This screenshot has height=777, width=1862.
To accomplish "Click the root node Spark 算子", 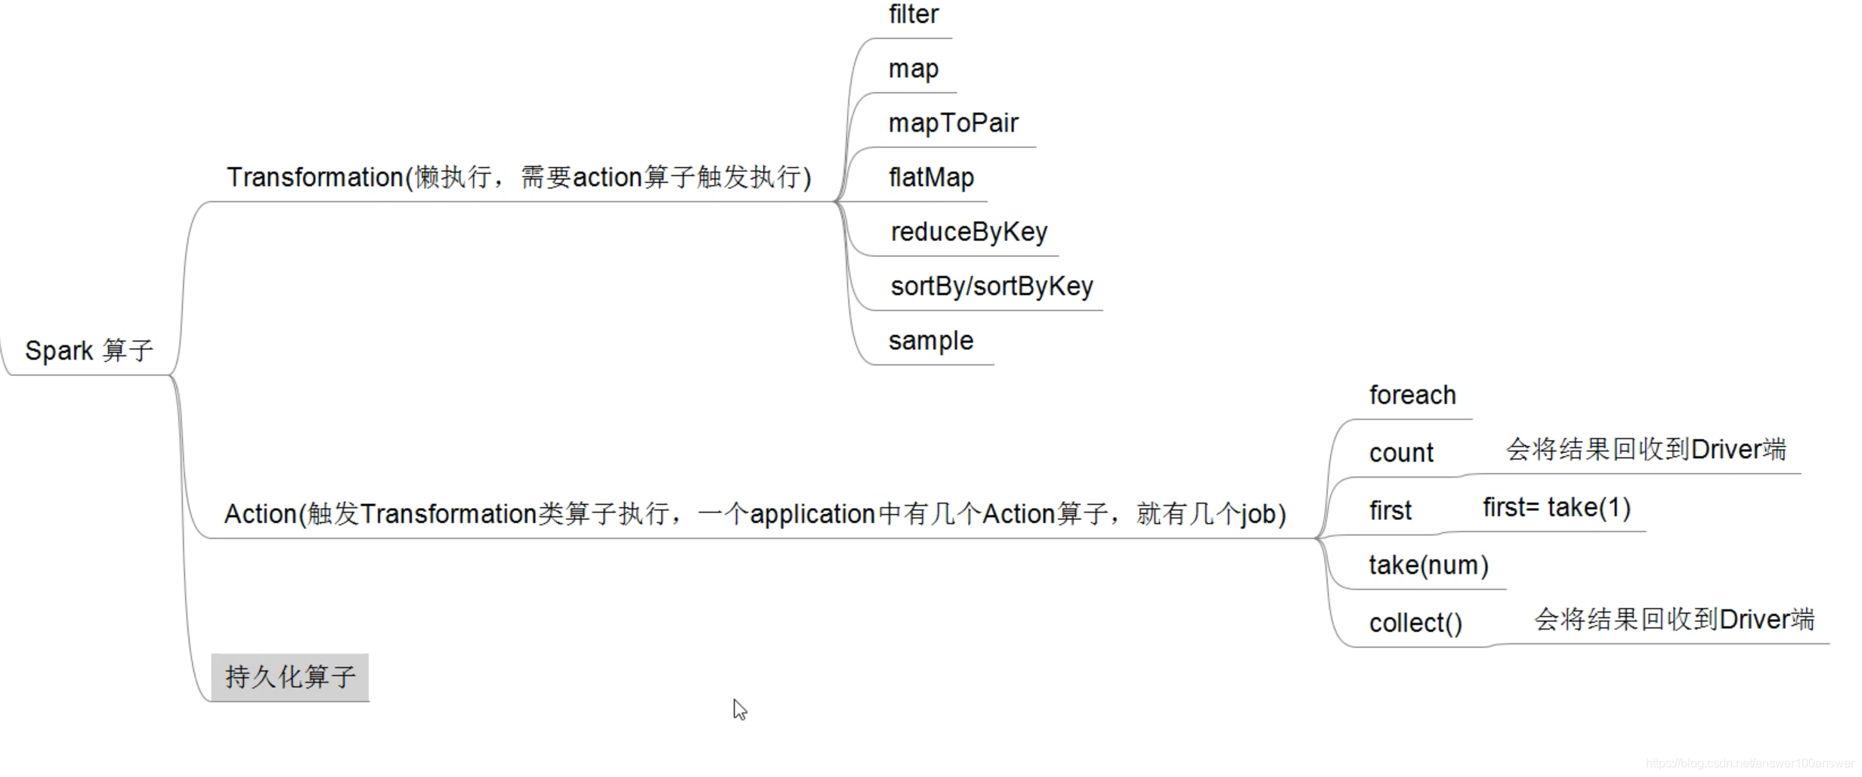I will [x=89, y=351].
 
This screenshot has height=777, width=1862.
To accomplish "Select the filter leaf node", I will [x=913, y=14].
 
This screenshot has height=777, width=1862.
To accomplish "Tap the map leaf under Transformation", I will [x=913, y=69].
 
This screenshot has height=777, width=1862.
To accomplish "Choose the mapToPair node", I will [x=953, y=123].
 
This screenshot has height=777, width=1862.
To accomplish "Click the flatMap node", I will [x=931, y=178].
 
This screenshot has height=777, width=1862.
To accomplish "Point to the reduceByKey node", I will [x=969, y=232].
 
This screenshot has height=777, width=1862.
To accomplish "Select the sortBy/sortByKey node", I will [x=991, y=286].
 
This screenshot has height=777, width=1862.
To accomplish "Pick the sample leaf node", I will [x=930, y=341].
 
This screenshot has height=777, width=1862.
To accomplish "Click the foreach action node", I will [x=1412, y=395].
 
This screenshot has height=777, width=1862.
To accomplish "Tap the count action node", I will [x=1401, y=453].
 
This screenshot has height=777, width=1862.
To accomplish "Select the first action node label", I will [x=1390, y=511].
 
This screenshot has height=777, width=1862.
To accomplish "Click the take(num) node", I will [x=1428, y=565].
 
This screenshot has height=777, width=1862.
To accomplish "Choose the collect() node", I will [x=1415, y=624].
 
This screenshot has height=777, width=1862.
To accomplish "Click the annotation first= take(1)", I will [x=1557, y=508].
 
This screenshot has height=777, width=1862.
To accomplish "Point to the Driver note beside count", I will [x=1646, y=450].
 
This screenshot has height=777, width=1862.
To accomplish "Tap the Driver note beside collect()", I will [x=1674, y=620].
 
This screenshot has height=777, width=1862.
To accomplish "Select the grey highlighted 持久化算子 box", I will [x=290, y=677].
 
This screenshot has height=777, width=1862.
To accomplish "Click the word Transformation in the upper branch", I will [x=315, y=178].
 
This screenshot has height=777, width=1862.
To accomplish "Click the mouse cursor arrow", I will [x=739, y=709].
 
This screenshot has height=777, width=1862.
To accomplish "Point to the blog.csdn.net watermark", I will [x=1749, y=763].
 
